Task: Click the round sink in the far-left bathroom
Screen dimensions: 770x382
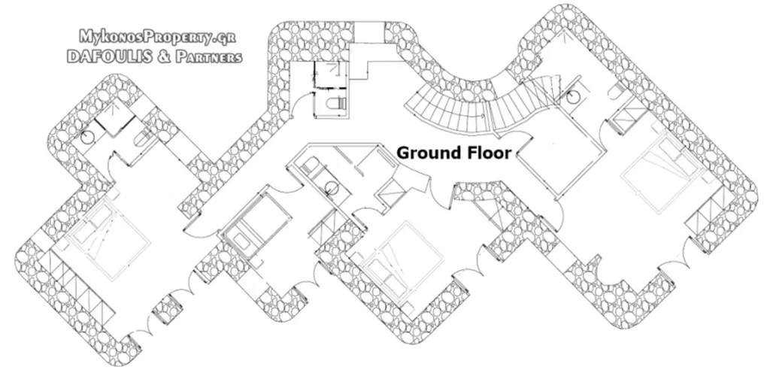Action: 87,138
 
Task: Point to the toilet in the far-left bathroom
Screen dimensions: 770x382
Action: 142,139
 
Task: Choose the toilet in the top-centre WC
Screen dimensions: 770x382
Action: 337,104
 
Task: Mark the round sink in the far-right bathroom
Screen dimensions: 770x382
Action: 572,98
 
